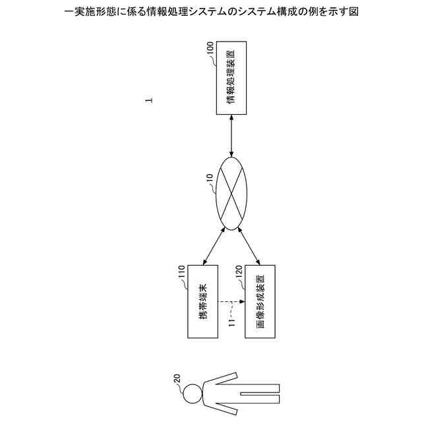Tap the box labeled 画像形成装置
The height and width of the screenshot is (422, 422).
point(260,301)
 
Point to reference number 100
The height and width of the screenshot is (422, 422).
point(210,49)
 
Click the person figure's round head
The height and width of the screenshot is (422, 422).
point(193,394)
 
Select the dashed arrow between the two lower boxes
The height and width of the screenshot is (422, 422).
point(231,302)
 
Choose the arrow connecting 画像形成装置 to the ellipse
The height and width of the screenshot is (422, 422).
point(251,245)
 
